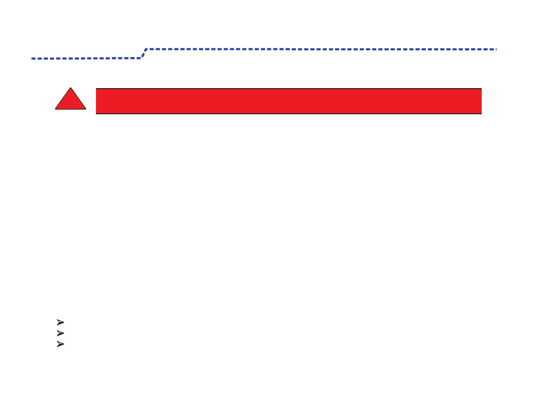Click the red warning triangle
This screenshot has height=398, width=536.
point(71,102)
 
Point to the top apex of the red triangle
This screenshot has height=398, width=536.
point(71,88)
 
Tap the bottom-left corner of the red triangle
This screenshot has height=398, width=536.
point(55,109)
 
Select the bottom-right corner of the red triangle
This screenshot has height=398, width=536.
point(86,109)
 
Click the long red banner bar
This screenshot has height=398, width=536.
point(288,101)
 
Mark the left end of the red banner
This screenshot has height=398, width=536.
point(96,101)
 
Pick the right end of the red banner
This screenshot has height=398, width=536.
point(481,101)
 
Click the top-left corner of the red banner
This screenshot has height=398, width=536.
point(96,89)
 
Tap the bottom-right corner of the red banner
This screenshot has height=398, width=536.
point(481,113)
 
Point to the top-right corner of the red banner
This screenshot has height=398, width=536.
point(481,89)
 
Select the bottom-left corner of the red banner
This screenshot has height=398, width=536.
point(96,113)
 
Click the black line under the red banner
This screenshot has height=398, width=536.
point(288,114)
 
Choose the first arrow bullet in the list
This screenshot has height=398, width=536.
point(60,322)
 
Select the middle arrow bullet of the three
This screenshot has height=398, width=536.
point(60,333)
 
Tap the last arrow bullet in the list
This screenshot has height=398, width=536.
point(60,344)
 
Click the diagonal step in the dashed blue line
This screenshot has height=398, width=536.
point(143,53)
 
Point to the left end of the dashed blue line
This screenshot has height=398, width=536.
point(32,59)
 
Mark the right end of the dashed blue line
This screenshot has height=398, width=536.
point(496,49)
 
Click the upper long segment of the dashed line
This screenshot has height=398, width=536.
point(320,49)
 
